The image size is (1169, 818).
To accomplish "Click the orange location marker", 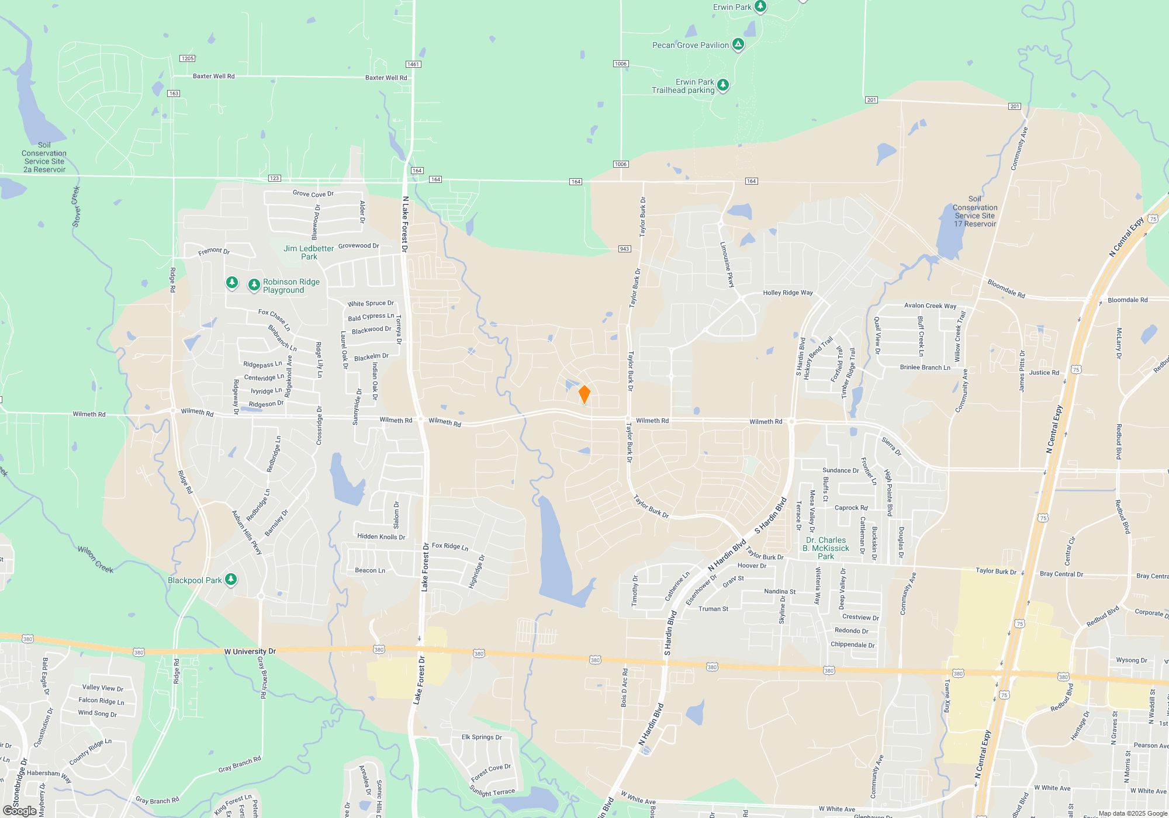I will point(584,394).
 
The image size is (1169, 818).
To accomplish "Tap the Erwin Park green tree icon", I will point(760,6).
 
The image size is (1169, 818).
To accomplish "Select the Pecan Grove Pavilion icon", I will point(738,44).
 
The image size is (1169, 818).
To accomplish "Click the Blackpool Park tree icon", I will point(231,580).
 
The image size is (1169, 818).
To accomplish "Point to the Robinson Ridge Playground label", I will point(291,286).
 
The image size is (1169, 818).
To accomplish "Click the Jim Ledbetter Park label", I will point(309,252).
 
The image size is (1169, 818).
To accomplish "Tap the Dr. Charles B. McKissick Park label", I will point(825,548).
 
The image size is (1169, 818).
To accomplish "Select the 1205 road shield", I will point(188,58).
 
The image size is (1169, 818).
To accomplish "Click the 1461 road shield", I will point(413,64).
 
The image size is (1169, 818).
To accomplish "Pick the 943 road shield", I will point(624,249).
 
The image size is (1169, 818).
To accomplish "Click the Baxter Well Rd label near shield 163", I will point(213,76).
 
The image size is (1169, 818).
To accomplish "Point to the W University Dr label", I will point(250,651).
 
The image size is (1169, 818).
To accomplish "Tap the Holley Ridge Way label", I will point(787,293).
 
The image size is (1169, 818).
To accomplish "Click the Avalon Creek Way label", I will point(930,306).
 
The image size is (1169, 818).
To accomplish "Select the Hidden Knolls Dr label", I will point(381,536).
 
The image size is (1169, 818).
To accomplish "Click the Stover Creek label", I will point(76,206).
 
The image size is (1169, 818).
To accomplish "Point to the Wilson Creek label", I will point(95,559).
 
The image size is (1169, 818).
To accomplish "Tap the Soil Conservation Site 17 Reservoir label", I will point(974,212).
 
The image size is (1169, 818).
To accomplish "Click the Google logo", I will point(19,811).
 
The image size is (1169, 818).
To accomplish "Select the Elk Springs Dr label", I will point(482,737).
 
